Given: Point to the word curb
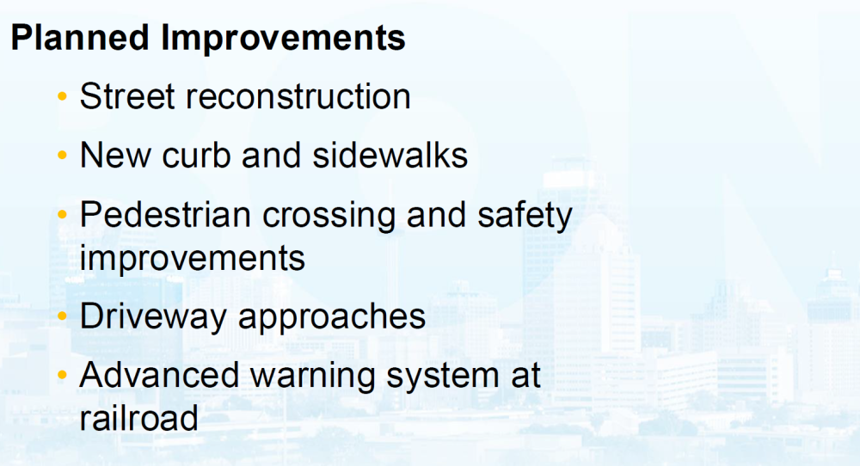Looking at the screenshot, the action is [196, 155].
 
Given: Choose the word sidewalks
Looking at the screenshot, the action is [390, 155].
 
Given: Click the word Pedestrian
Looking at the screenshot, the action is [165, 214].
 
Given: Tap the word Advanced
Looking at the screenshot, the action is [159, 376].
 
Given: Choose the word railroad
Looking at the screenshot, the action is [138, 419].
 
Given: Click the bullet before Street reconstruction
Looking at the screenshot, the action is [62, 97].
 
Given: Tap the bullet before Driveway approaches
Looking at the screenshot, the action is [62, 316].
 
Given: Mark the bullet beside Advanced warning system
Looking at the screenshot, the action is [62, 376].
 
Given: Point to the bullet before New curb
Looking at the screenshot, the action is [62, 156].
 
